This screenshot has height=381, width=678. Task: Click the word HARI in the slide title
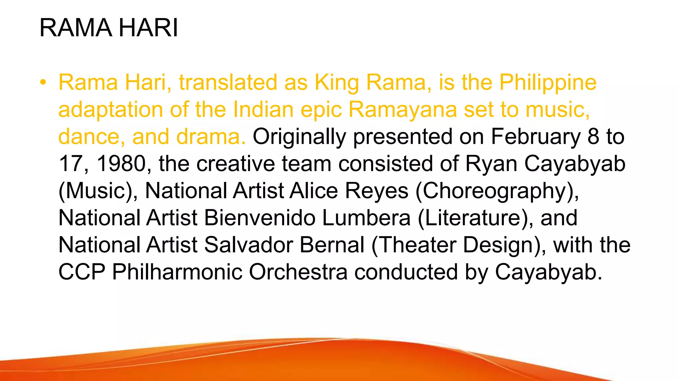(148, 28)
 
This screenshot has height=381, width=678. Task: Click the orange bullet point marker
(43, 83)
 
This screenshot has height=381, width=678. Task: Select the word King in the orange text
(337, 83)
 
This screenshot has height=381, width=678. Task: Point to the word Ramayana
(403, 110)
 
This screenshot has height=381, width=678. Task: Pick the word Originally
(299, 137)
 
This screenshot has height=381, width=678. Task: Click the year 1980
(121, 164)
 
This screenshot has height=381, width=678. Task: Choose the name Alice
(314, 191)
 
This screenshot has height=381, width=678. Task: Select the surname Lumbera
(366, 218)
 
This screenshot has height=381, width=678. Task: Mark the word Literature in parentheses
(475, 218)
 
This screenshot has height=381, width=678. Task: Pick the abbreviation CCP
(82, 273)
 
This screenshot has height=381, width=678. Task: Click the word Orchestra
(298, 273)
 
